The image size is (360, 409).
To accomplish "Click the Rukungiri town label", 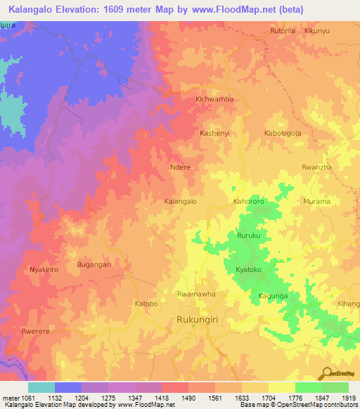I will click(198, 322).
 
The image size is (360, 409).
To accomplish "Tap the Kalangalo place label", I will click(179, 202).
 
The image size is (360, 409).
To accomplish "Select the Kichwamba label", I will click(214, 100).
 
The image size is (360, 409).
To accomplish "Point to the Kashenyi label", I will click(215, 133).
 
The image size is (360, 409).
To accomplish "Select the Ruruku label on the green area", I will click(249, 236).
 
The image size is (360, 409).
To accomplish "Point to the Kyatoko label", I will click(249, 270).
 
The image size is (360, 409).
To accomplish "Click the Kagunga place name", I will click(272, 296).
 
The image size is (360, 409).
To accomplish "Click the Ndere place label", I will click(181, 168).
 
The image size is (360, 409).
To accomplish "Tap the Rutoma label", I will click(283, 32).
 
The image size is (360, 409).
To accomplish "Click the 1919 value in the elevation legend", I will click(349, 398).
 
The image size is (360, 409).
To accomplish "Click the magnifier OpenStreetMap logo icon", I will click(326, 373).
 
